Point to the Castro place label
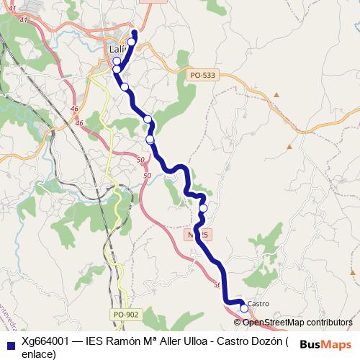pos(258,304)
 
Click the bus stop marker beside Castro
pos(244,308)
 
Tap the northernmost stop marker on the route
pos(132,42)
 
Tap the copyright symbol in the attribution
pos(238,323)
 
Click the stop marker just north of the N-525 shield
pos(203,209)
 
